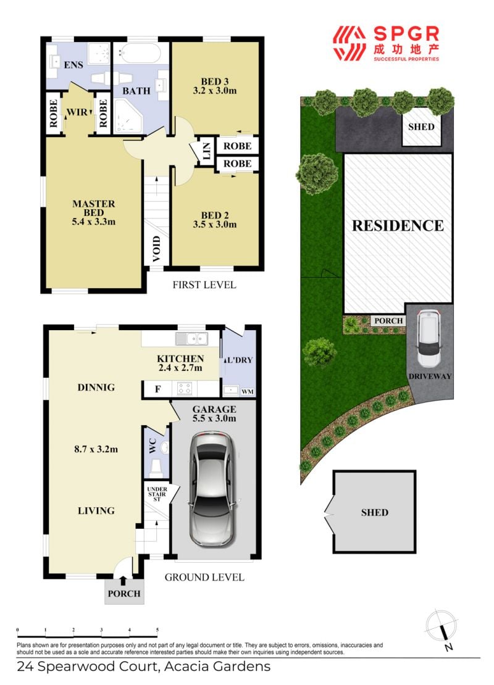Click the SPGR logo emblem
(x=349, y=43)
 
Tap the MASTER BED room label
(x=94, y=208)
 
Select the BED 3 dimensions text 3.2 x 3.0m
(x=215, y=91)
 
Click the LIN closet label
(x=207, y=151)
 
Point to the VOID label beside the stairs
(x=156, y=249)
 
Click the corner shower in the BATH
(x=128, y=116)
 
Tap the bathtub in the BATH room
(x=140, y=54)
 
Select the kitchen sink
(x=191, y=339)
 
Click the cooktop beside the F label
(x=185, y=388)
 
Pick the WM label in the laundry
(x=248, y=391)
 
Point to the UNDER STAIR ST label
(x=157, y=494)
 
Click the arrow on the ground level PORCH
(x=124, y=581)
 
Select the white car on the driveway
(x=428, y=339)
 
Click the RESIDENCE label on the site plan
(x=398, y=225)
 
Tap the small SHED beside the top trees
(x=421, y=127)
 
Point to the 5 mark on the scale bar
(x=157, y=629)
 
